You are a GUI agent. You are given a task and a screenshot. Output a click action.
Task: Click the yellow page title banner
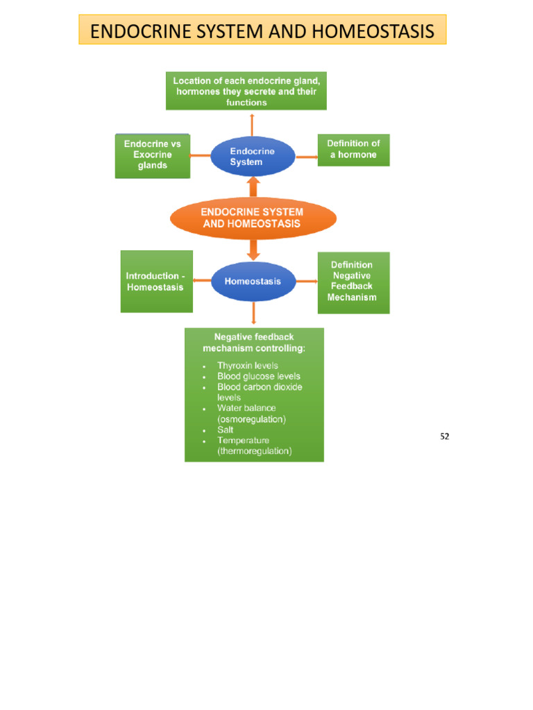click(x=262, y=31)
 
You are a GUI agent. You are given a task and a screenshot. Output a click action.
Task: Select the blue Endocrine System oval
click(x=252, y=156)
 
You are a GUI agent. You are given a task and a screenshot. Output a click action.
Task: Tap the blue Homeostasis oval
click(x=253, y=282)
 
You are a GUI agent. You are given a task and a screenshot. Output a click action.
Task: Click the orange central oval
click(x=253, y=218)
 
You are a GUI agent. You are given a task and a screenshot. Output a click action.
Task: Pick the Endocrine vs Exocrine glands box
click(x=152, y=155)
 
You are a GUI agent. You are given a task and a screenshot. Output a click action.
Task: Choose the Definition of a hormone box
click(x=353, y=150)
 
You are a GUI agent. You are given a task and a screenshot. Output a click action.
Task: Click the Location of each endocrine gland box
click(x=246, y=92)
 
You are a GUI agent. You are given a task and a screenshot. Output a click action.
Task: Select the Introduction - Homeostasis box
click(x=156, y=282)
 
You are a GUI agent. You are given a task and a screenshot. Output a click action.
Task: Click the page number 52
click(x=445, y=437)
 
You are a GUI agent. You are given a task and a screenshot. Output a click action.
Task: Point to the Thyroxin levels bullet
click(x=247, y=365)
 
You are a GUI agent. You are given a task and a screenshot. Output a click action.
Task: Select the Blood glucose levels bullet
click(x=258, y=376)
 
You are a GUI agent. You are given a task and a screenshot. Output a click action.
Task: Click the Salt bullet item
click(x=225, y=430)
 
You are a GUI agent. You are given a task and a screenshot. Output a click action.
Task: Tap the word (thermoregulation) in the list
click(x=254, y=451)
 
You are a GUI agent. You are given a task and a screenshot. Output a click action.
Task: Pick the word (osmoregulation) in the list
click(x=251, y=419)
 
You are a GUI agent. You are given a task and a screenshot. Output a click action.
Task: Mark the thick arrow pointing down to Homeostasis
click(x=253, y=250)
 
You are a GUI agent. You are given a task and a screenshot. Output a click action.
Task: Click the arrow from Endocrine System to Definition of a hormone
click(x=306, y=157)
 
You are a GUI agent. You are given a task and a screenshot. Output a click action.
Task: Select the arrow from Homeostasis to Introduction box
click(x=202, y=281)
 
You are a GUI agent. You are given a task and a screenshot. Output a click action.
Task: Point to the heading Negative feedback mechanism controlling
click(x=253, y=343)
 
